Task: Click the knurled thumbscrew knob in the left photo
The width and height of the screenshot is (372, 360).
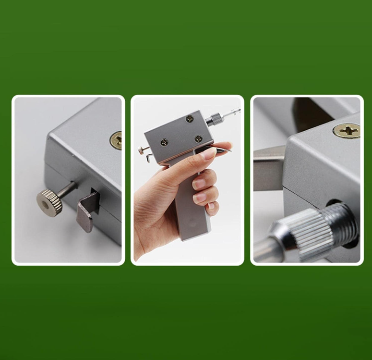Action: [49, 202]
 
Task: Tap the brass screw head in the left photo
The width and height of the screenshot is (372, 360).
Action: [116, 140]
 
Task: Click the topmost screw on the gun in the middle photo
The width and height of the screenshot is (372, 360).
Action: [190, 119]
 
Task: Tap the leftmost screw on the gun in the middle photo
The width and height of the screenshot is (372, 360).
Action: [164, 142]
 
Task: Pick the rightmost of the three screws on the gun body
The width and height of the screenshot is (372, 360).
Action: [198, 138]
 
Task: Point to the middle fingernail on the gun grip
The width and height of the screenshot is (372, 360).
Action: [200, 184]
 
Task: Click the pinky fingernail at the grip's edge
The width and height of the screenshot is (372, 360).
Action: [212, 206]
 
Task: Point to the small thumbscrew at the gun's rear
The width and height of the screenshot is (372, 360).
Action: [141, 150]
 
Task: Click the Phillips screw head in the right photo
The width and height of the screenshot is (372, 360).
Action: [346, 130]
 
